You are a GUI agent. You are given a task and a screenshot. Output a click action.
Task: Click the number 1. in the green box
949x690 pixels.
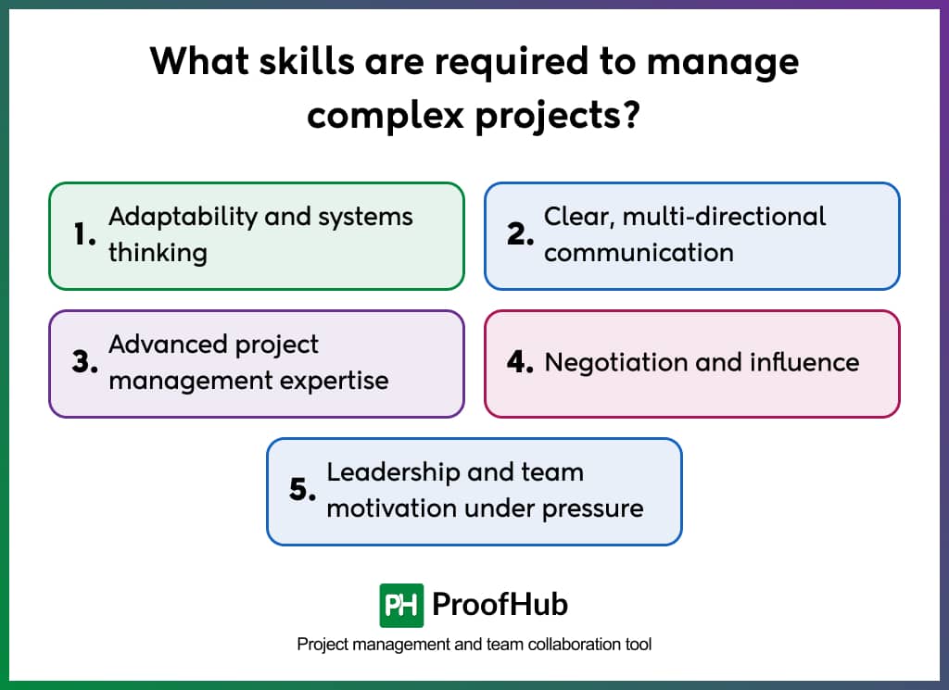coord(85,235)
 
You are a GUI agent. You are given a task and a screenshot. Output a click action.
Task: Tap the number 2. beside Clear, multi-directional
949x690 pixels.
coord(521,235)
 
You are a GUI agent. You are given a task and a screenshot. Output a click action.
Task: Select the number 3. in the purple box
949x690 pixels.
coord(85,363)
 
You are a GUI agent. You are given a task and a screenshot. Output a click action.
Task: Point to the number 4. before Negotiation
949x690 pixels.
coord(521,363)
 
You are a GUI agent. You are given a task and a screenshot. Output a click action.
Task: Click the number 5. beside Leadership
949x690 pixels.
coord(303,491)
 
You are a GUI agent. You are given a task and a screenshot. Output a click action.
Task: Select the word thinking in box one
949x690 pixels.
coord(158,253)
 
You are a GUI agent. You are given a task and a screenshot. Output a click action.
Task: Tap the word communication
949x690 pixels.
coord(639,253)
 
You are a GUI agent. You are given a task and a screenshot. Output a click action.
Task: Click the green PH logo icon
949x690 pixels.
coord(401,606)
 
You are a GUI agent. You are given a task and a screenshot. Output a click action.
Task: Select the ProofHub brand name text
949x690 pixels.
coord(500,606)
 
